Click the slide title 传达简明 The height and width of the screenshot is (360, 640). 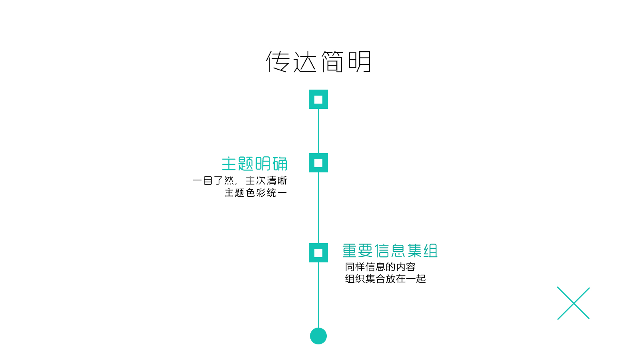(319, 62)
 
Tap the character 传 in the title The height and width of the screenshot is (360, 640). (278, 62)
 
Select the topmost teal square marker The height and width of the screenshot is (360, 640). (318, 99)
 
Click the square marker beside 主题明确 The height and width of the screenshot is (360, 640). (318, 163)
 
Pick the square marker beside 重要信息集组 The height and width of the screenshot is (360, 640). (318, 253)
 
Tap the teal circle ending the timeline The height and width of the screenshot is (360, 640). (318, 336)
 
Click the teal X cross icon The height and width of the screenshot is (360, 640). (573, 303)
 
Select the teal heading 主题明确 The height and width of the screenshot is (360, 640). (255, 164)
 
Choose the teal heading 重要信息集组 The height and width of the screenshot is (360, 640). (390, 251)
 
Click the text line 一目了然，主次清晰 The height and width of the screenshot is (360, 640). (240, 181)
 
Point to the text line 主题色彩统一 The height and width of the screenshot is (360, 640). (256, 193)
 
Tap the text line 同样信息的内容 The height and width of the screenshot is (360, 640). (380, 267)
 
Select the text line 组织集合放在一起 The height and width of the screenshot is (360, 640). (386, 279)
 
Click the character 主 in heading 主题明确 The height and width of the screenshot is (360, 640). (229, 164)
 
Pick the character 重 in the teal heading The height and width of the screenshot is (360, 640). (350, 251)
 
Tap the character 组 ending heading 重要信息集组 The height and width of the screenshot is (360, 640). (431, 251)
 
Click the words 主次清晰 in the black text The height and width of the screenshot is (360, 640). (266, 181)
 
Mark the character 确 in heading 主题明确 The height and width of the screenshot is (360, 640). (280, 164)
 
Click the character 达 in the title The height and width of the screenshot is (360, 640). (305, 62)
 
